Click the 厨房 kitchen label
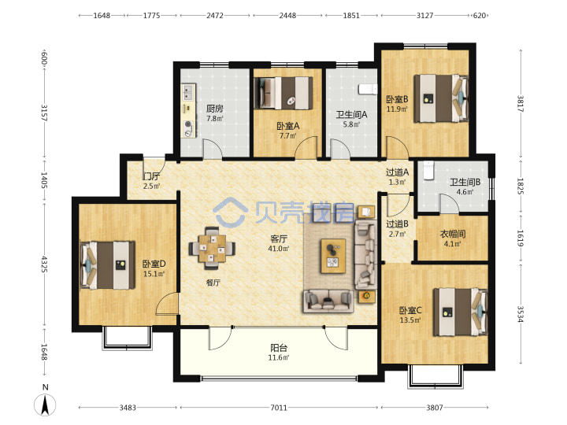215,108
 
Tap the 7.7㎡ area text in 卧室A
288,136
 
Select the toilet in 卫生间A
368,89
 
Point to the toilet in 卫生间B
428,170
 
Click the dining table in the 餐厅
212,248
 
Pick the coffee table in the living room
333,256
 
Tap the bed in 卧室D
107,265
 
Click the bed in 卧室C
461,312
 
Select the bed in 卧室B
441,98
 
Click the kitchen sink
188,92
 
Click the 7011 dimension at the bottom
279,408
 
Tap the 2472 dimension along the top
215,16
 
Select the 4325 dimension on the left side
44,264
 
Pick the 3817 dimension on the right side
521,103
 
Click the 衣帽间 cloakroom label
453,234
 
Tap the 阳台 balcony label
279,348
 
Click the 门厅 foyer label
151,176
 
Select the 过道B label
397,224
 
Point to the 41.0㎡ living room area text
279,249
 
